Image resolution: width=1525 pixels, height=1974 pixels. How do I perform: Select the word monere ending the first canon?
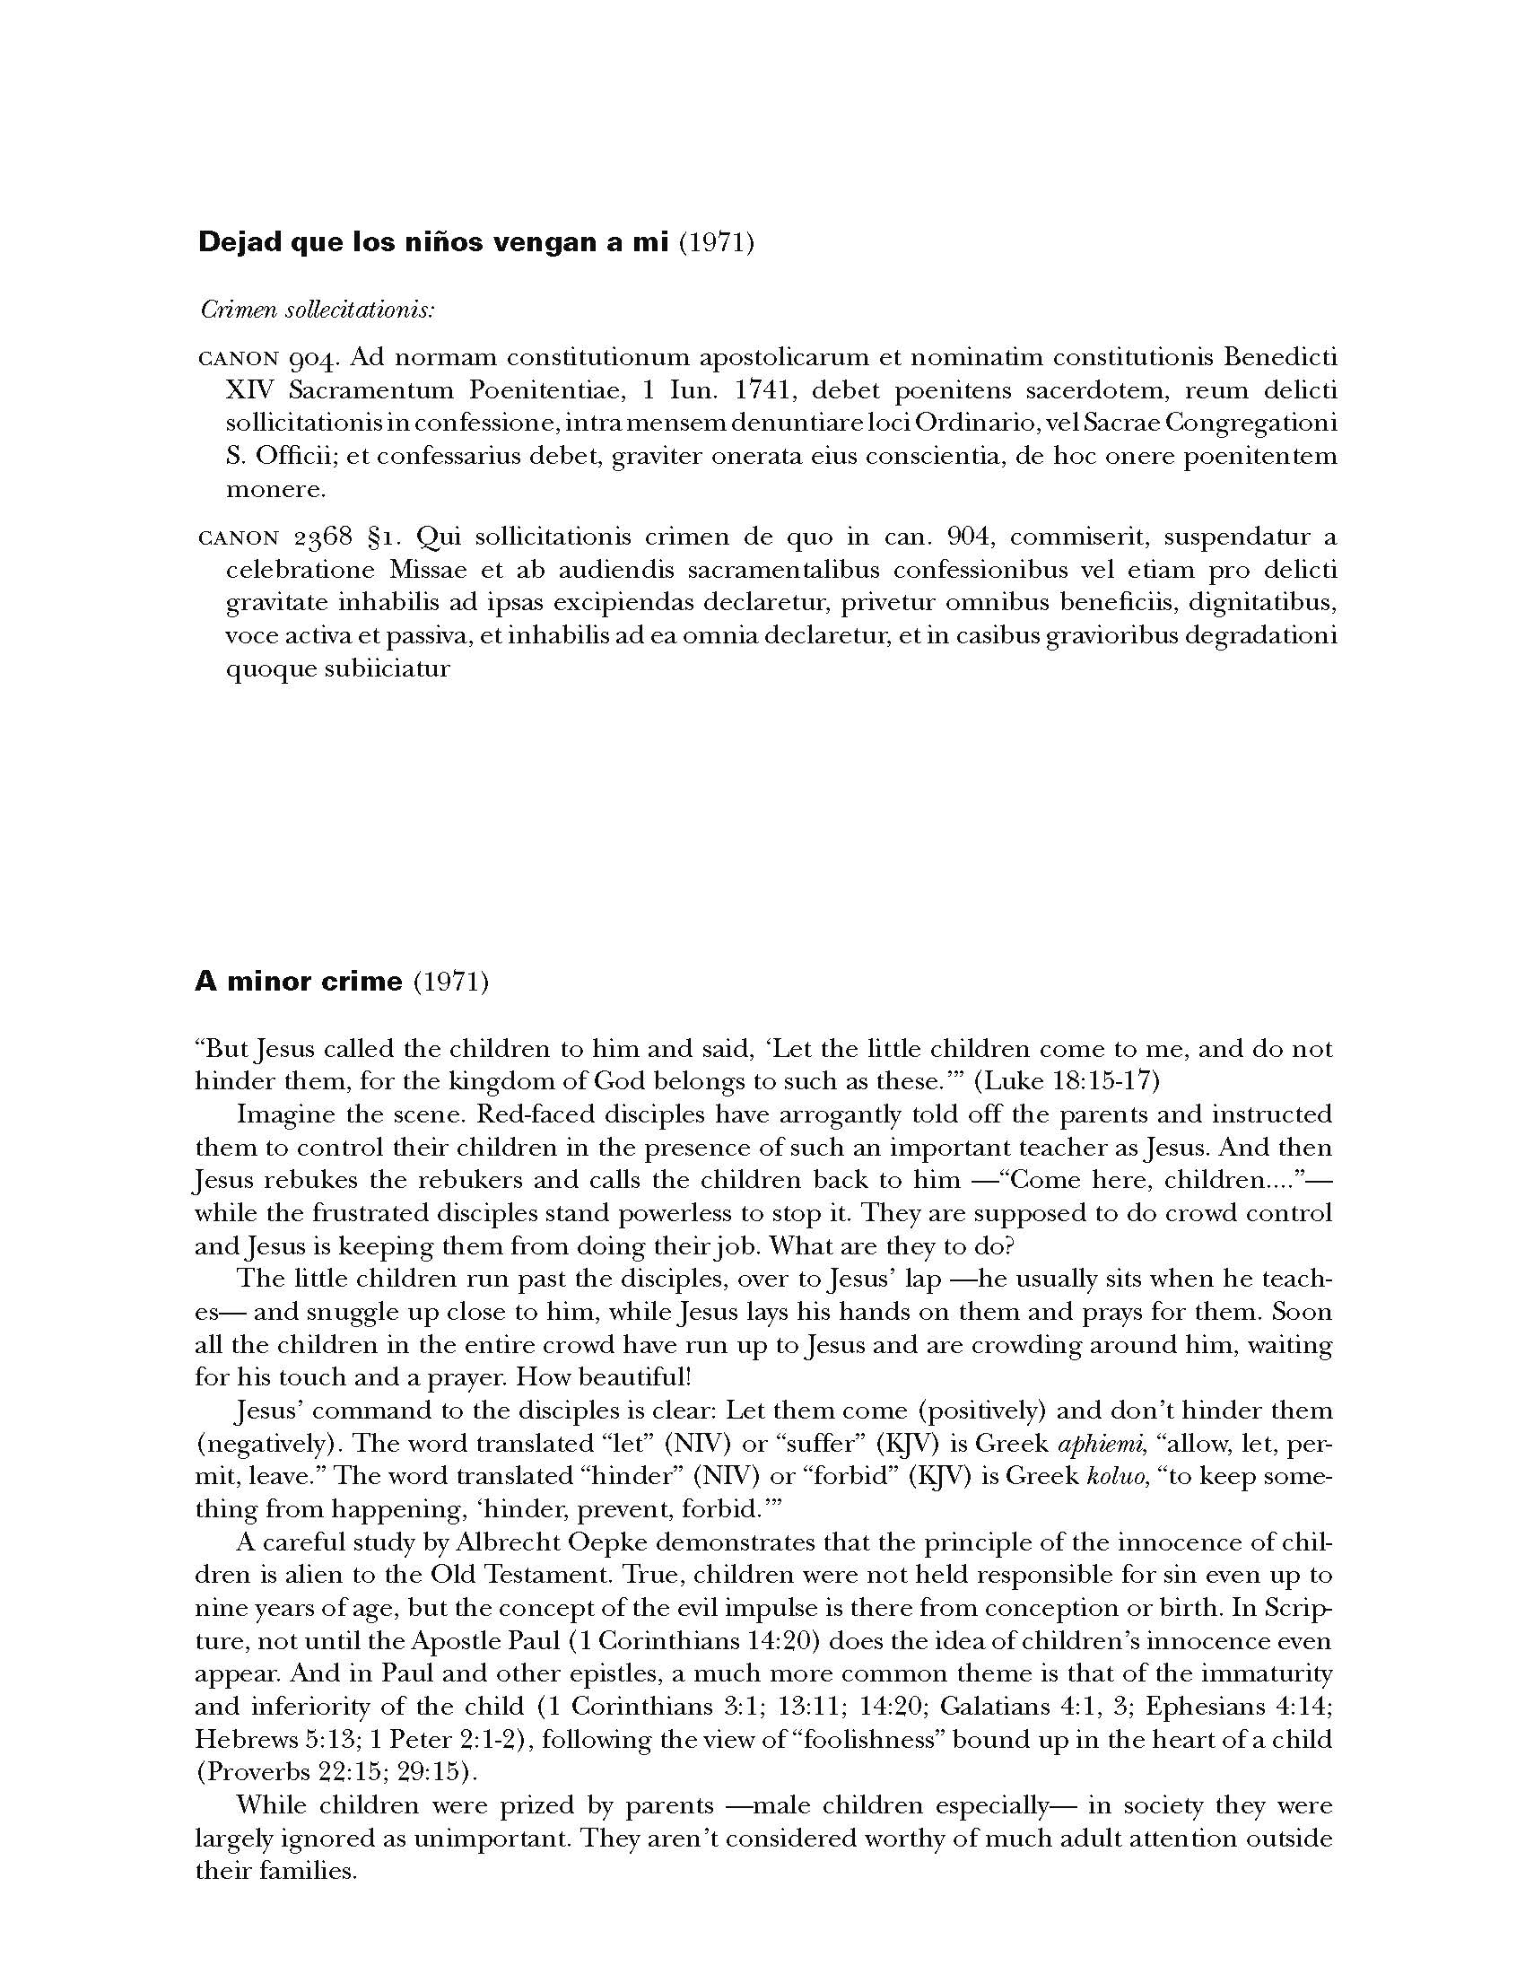click(x=274, y=489)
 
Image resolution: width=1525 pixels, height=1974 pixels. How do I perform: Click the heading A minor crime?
click(x=298, y=982)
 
